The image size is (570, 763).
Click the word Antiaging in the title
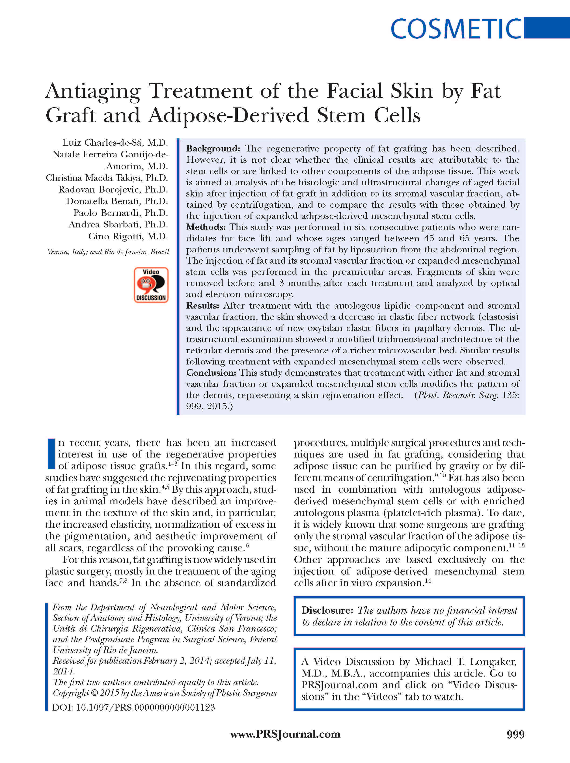93,91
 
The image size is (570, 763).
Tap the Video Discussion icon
151,285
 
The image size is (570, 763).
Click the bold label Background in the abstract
213,149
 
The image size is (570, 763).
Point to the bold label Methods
206,227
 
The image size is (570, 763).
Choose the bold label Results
203,306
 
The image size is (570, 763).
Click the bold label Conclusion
211,373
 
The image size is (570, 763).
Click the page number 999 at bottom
515,735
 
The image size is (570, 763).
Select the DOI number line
134,708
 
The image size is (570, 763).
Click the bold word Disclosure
327,611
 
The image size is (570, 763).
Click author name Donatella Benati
117,201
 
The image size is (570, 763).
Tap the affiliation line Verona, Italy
108,252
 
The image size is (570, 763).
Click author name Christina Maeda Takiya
107,178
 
